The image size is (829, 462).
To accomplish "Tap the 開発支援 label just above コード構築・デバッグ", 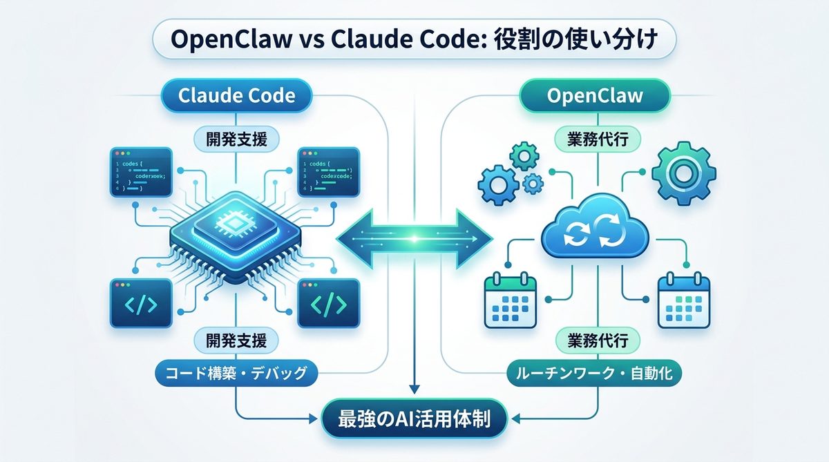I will [236, 340].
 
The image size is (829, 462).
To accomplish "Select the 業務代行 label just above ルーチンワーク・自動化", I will [594, 340].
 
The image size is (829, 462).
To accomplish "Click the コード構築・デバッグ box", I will [236, 374].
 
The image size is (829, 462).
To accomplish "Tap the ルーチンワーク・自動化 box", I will [594, 374].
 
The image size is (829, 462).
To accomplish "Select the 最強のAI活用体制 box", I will [414, 418].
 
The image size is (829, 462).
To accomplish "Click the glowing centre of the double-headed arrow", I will [414, 239].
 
